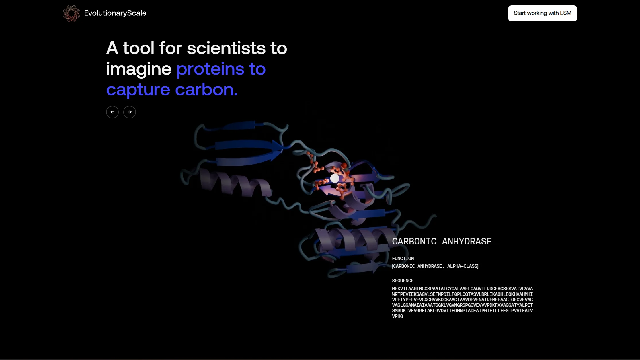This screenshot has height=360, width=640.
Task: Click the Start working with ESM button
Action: pyautogui.click(x=542, y=13)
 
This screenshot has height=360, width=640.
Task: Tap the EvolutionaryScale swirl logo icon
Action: pyautogui.click(x=71, y=13)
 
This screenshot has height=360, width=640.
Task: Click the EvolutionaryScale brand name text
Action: pyautogui.click(x=115, y=13)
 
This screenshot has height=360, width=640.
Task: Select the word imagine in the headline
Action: pyautogui.click(x=138, y=69)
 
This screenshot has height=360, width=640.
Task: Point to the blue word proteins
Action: pyautogui.click(x=210, y=69)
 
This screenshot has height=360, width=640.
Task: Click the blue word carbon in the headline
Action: pyautogui.click(x=206, y=90)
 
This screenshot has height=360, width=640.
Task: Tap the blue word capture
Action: pyautogui.click(x=138, y=90)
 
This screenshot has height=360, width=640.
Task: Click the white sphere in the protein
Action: pyautogui.click(x=335, y=178)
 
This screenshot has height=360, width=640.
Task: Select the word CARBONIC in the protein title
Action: pyautogui.click(x=414, y=241)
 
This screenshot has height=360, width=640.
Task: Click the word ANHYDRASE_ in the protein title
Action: pyautogui.click(x=469, y=241)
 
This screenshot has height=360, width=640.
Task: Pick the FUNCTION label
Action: pyautogui.click(x=403, y=258)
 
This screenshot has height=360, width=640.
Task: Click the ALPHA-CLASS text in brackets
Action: pyautogui.click(x=463, y=266)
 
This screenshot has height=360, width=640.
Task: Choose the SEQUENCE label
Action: pyautogui.click(x=403, y=281)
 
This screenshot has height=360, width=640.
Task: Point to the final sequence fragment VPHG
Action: pyautogui.click(x=397, y=316)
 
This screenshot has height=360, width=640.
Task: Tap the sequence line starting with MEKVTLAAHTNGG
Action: pyautogui.click(x=462, y=289)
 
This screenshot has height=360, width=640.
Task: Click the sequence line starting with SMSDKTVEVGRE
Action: pyautogui.click(x=462, y=310)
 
